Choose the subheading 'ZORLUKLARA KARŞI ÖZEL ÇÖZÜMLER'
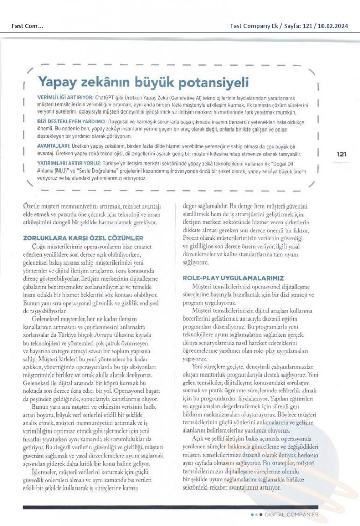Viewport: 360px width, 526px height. [x=83, y=238]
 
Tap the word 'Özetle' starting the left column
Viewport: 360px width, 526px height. [x=33, y=208]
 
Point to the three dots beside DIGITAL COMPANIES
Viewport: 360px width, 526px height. [x=256, y=514]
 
